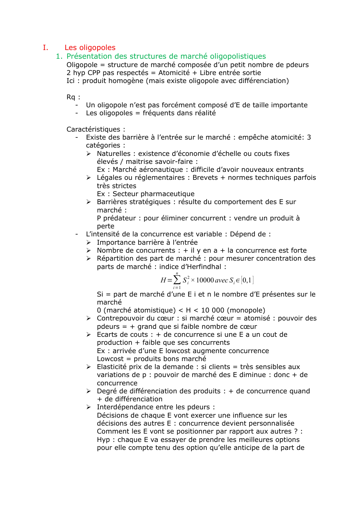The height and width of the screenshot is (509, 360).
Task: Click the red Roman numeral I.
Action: coord(45,47)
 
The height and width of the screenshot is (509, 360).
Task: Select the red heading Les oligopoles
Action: coord(90,47)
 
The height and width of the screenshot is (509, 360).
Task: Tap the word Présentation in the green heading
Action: coord(89,56)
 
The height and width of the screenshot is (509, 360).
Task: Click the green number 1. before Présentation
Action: coord(59,56)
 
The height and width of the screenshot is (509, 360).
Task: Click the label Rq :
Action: coord(73,97)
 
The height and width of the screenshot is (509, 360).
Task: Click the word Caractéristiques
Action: coord(93,129)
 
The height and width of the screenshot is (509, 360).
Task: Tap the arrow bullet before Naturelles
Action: coord(88,154)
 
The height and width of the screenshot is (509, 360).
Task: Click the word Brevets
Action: coord(205,178)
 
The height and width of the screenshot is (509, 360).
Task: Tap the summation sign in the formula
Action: coord(177,280)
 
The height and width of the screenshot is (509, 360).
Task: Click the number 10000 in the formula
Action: coord(205,280)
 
